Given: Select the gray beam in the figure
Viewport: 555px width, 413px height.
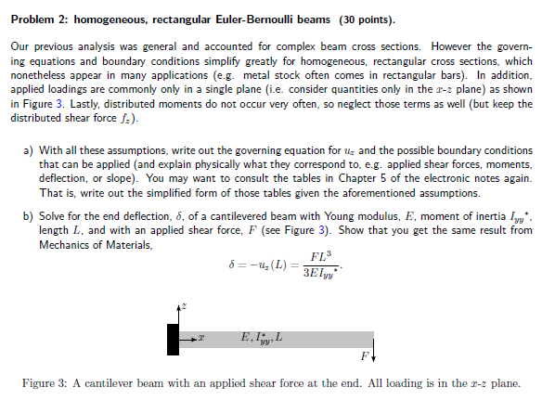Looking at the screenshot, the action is [x=278, y=340].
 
